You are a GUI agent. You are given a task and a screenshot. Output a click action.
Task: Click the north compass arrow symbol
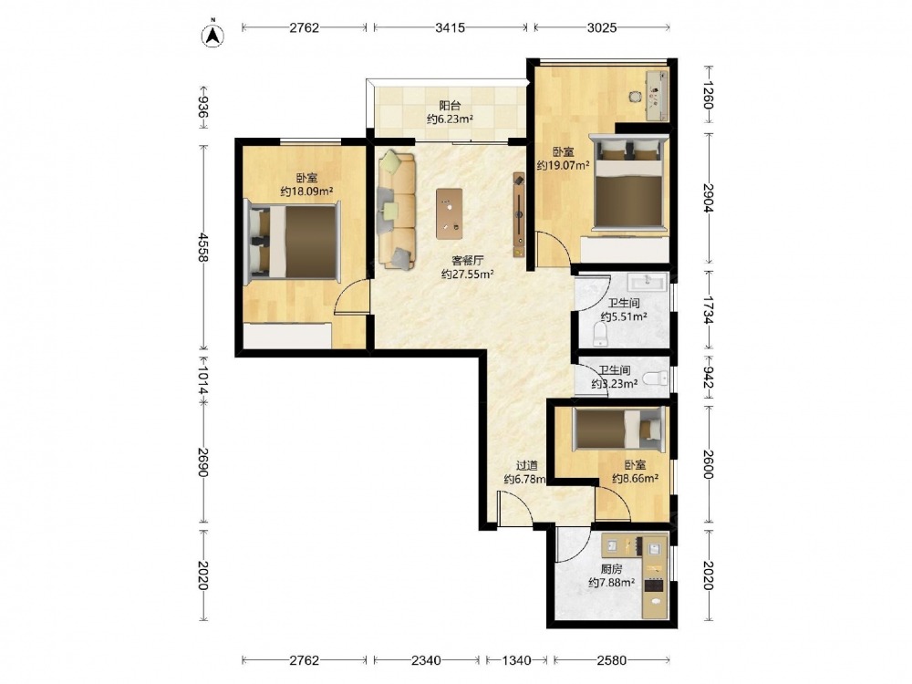213,35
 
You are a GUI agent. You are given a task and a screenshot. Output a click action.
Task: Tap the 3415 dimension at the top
451,27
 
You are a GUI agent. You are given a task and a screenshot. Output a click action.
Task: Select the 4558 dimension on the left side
202,247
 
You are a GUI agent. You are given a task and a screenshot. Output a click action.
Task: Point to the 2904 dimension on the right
708,198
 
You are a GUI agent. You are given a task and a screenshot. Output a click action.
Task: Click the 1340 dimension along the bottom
516,660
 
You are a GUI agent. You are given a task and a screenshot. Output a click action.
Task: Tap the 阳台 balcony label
450,106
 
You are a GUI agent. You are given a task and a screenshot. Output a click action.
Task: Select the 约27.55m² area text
468,275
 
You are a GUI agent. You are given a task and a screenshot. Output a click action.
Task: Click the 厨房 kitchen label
611,569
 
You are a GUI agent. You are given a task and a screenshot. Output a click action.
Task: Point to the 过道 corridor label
527,466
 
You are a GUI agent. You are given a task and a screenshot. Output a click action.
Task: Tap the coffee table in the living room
450,213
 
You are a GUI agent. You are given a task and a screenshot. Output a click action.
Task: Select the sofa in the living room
397,210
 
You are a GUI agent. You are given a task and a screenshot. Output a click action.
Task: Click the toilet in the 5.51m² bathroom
600,336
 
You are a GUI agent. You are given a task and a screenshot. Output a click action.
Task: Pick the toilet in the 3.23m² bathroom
657,378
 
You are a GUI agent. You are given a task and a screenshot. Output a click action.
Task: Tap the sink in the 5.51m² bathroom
647,282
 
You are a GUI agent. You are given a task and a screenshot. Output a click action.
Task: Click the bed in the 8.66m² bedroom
620,430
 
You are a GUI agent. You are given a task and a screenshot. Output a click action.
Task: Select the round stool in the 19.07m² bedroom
635,98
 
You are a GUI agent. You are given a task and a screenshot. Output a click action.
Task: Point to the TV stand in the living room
519,214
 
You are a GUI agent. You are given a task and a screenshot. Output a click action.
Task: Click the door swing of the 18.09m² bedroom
353,297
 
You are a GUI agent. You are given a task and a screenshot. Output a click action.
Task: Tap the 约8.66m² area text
635,479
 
